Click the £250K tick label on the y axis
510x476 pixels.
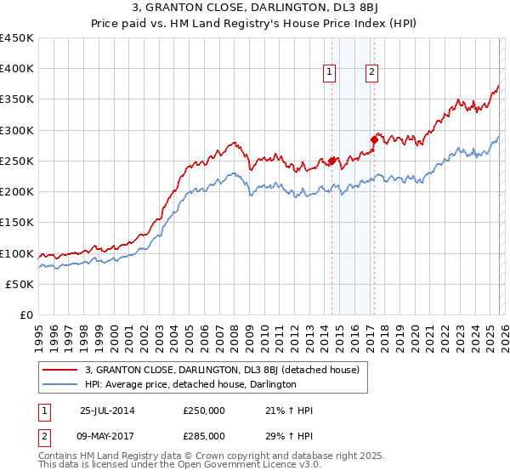[17, 161]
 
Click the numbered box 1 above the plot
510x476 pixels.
[329, 73]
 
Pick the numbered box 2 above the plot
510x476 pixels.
[372, 73]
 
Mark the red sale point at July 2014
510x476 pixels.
[332, 161]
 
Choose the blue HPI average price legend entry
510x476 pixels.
[190, 384]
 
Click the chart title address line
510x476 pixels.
[254, 8]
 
